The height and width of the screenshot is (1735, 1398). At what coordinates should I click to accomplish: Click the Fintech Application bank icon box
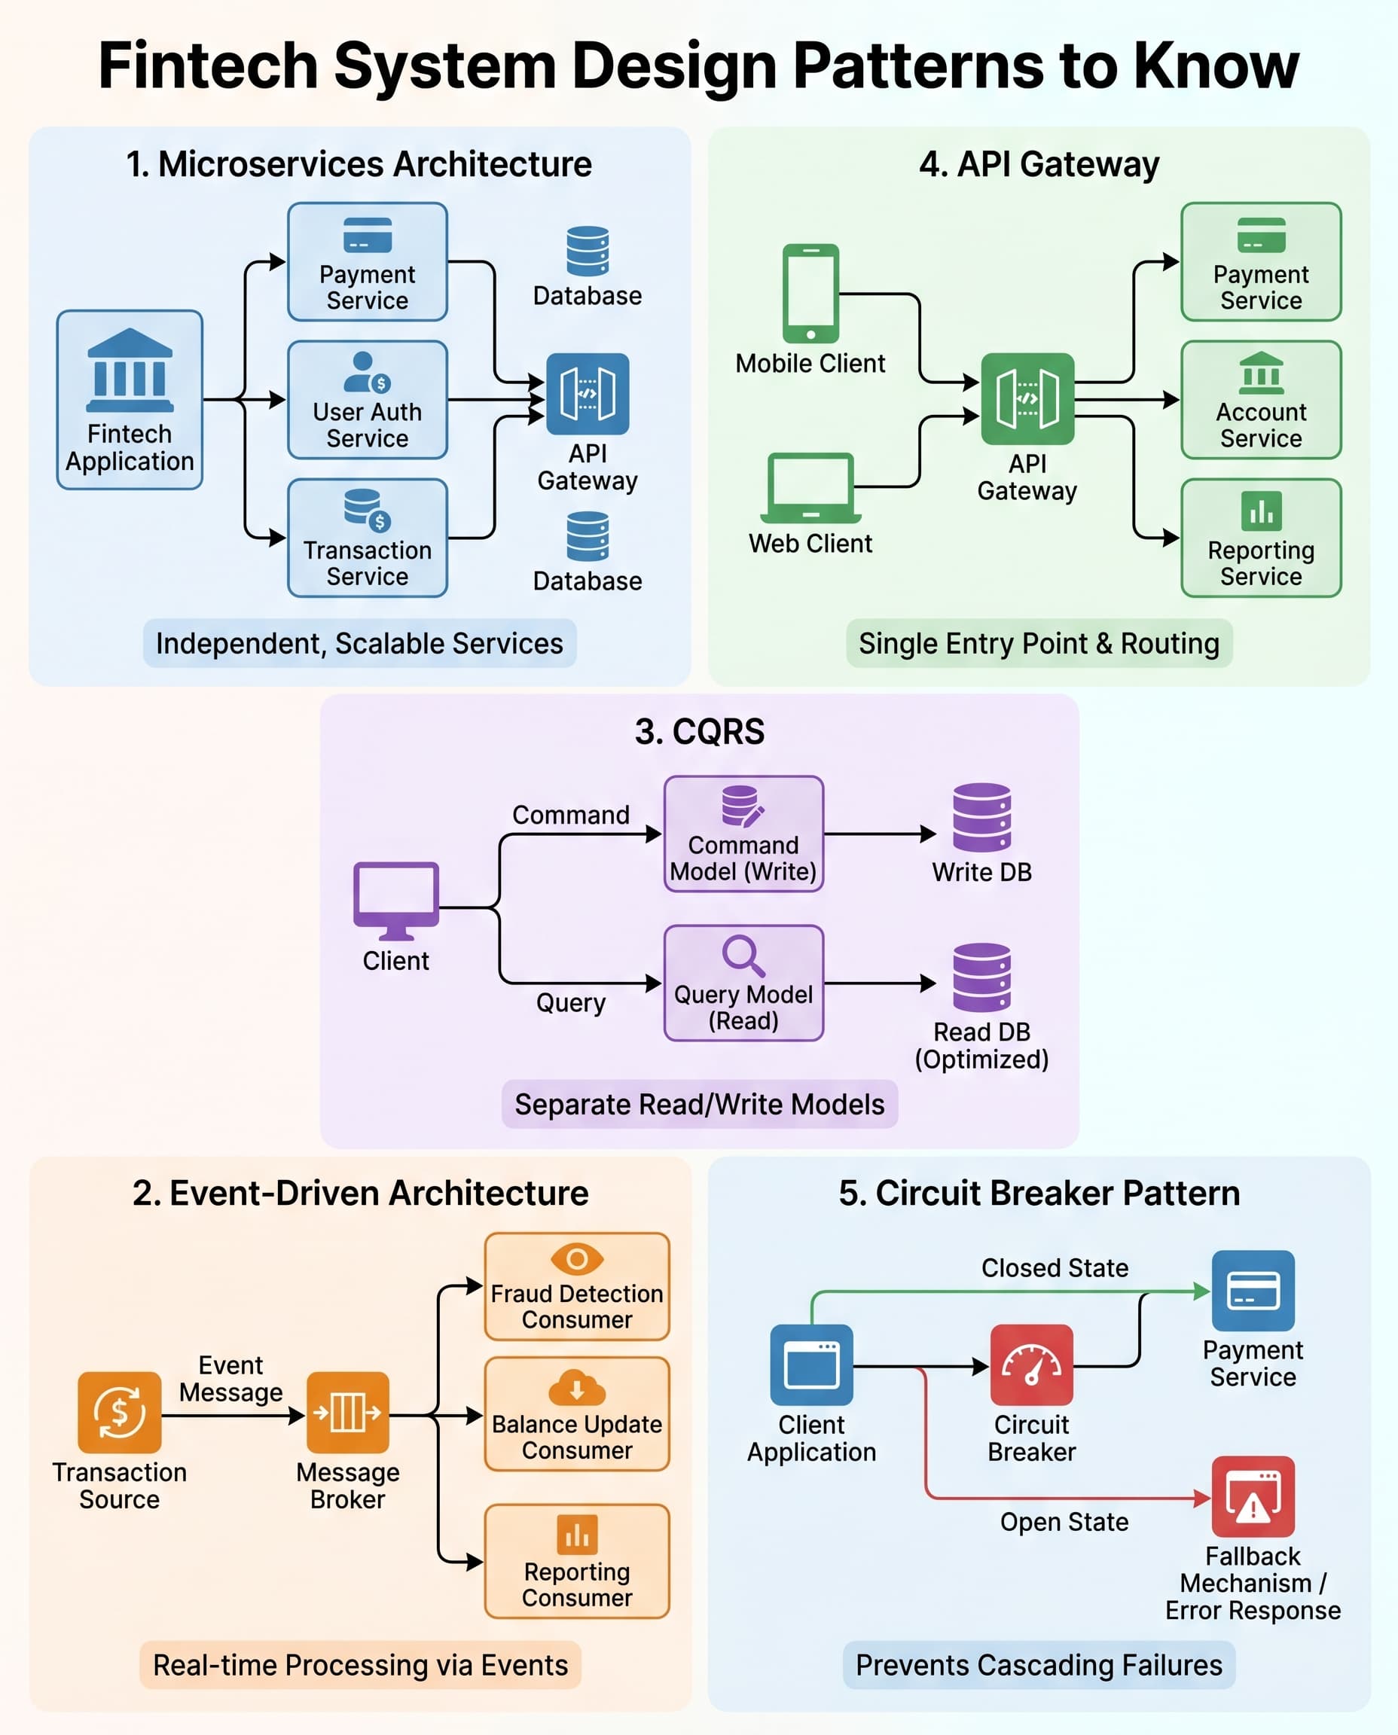(x=129, y=399)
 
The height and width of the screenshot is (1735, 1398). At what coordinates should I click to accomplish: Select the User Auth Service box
(x=368, y=400)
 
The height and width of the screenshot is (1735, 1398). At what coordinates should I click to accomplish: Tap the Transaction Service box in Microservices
(x=368, y=538)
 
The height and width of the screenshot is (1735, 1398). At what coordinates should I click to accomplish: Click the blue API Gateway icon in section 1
(x=587, y=394)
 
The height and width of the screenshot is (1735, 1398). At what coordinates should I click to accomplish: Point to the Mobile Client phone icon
(x=810, y=294)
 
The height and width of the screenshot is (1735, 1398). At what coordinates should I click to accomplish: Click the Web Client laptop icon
(x=810, y=487)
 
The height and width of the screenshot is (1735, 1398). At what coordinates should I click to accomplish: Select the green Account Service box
(x=1260, y=400)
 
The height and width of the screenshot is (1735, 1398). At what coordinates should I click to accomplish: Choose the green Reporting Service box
(x=1260, y=538)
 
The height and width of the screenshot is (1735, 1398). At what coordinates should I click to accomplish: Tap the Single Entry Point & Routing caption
(x=1039, y=643)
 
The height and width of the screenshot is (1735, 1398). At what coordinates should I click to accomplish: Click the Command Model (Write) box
(x=743, y=834)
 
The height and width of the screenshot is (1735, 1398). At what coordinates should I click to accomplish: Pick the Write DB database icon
(x=981, y=817)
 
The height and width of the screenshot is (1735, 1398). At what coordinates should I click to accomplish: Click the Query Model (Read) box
(x=743, y=983)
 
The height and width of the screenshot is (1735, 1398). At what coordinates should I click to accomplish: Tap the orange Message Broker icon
(x=348, y=1412)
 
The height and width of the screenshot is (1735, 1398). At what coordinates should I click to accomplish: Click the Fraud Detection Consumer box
(x=576, y=1286)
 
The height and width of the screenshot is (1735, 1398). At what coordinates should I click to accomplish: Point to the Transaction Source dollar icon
(x=119, y=1412)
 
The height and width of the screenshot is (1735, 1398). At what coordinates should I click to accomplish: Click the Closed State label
(x=1054, y=1268)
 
